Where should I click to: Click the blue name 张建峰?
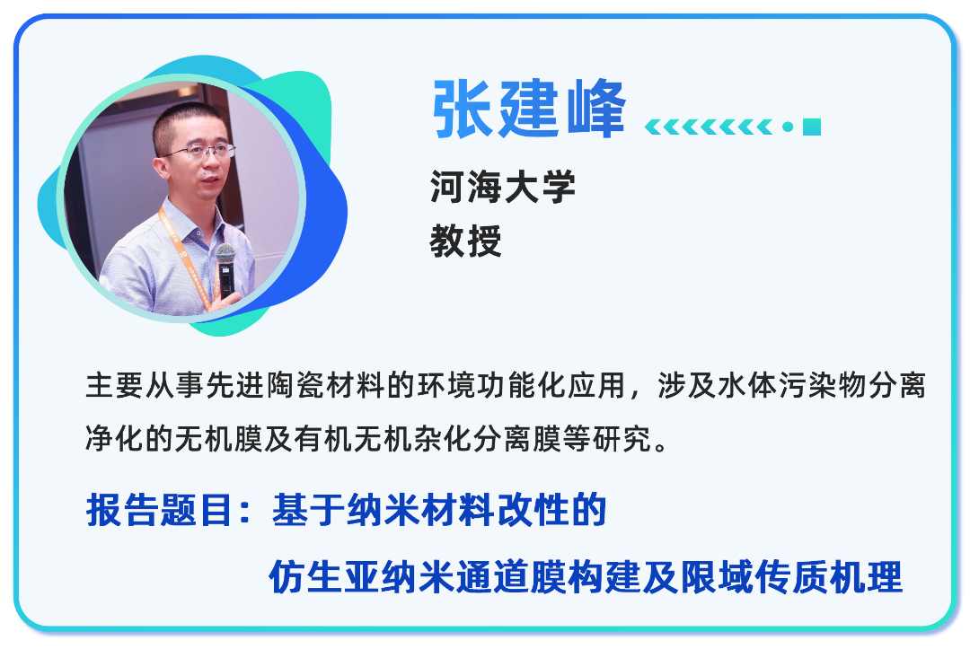point(528,110)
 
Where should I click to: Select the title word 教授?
point(465,241)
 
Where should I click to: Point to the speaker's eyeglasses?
point(198,151)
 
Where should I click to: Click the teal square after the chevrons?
point(812,127)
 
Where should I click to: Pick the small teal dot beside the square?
point(788,127)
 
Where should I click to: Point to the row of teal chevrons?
point(709,127)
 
